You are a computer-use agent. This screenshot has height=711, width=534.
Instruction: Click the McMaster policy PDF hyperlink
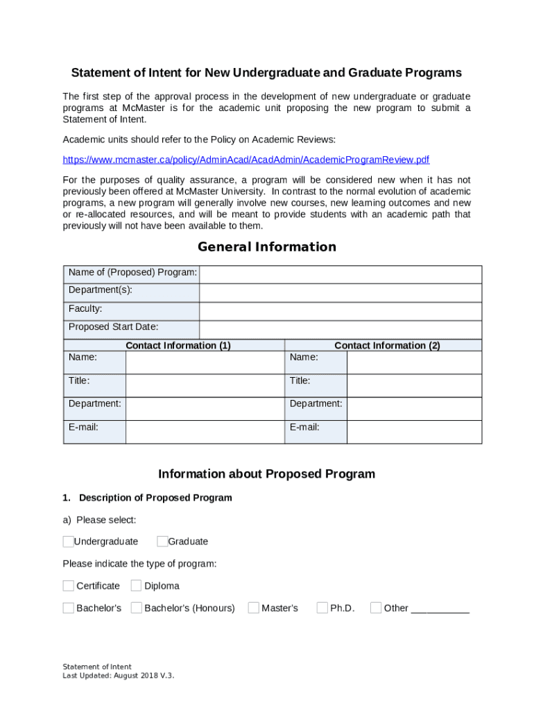246,160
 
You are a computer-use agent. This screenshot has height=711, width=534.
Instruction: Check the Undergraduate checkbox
68,542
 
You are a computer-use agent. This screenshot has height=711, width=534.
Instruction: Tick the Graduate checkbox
162,542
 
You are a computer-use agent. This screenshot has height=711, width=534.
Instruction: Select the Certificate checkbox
68,585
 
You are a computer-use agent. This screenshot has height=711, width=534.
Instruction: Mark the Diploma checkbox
136,585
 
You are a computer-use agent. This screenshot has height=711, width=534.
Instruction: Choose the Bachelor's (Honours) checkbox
136,608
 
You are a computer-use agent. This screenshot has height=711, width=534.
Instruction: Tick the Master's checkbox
253,608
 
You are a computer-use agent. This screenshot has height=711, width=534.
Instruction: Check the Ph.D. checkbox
322,608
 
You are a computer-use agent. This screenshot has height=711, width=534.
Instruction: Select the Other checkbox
376,608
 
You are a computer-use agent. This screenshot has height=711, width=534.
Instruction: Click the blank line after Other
440,610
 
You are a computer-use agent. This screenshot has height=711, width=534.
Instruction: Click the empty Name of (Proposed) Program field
340,274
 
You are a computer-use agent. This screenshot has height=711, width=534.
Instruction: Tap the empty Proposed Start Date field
340,329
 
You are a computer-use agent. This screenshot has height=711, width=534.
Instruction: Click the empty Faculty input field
340,311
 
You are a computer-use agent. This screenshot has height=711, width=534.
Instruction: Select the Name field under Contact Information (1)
205,362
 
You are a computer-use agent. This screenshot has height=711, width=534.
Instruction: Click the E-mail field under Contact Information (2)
414,432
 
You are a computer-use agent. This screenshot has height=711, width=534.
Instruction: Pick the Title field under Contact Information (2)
414,385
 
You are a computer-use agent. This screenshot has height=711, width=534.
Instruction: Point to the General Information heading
267,247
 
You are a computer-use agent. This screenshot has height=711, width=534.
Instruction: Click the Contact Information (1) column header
178,345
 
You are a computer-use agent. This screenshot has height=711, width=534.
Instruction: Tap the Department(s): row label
101,290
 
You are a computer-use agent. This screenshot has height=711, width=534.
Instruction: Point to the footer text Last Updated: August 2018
118,675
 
